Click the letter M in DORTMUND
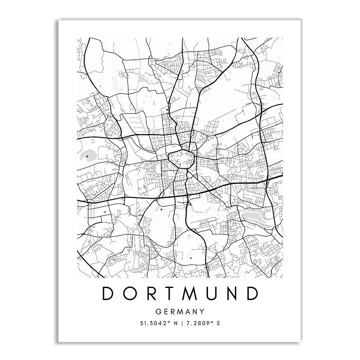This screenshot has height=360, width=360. tap(190, 293)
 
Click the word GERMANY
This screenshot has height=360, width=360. tap(180, 311)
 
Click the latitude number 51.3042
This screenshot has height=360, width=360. tap(152, 323)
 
